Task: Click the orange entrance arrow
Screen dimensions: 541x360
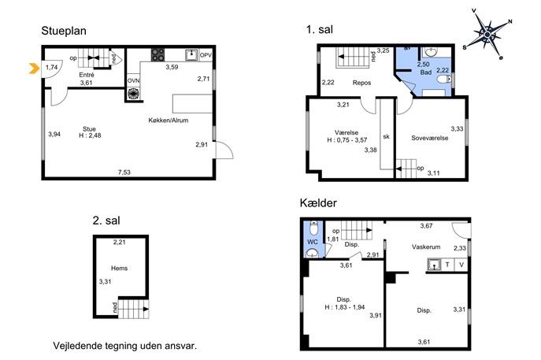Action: pyautogui.click(x=33, y=69)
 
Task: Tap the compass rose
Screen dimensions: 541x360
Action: pyautogui.click(x=487, y=35)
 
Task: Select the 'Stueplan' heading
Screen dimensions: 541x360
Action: pyautogui.click(x=64, y=31)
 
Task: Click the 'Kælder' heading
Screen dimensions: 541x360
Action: pyautogui.click(x=318, y=202)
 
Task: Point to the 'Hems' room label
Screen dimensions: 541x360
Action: pyautogui.click(x=120, y=268)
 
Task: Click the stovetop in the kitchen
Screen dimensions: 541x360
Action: pyautogui.click(x=158, y=55)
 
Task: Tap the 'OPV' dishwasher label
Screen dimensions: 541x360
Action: pyautogui.click(x=206, y=55)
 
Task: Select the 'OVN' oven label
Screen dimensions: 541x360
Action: pyautogui.click(x=134, y=81)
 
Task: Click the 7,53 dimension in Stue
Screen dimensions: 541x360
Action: pyautogui.click(x=124, y=173)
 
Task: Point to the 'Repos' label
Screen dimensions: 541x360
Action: pyautogui.click(x=362, y=83)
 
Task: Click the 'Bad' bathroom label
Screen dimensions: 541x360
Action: pyautogui.click(x=426, y=72)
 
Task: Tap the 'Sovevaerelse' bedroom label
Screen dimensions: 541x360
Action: pyautogui.click(x=429, y=138)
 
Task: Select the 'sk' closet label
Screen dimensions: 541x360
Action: pyautogui.click(x=387, y=136)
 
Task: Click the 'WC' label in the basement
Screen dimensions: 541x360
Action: pyautogui.click(x=313, y=242)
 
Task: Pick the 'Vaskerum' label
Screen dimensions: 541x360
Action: pyautogui.click(x=426, y=247)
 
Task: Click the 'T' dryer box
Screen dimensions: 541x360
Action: pyautogui.click(x=447, y=265)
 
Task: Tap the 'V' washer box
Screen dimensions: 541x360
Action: pyautogui.click(x=461, y=265)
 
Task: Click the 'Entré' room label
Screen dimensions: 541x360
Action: pyautogui.click(x=87, y=75)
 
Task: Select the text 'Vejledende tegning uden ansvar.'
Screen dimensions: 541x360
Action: pyautogui.click(x=125, y=346)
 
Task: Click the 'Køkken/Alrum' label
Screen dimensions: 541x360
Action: pyautogui.click(x=169, y=121)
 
